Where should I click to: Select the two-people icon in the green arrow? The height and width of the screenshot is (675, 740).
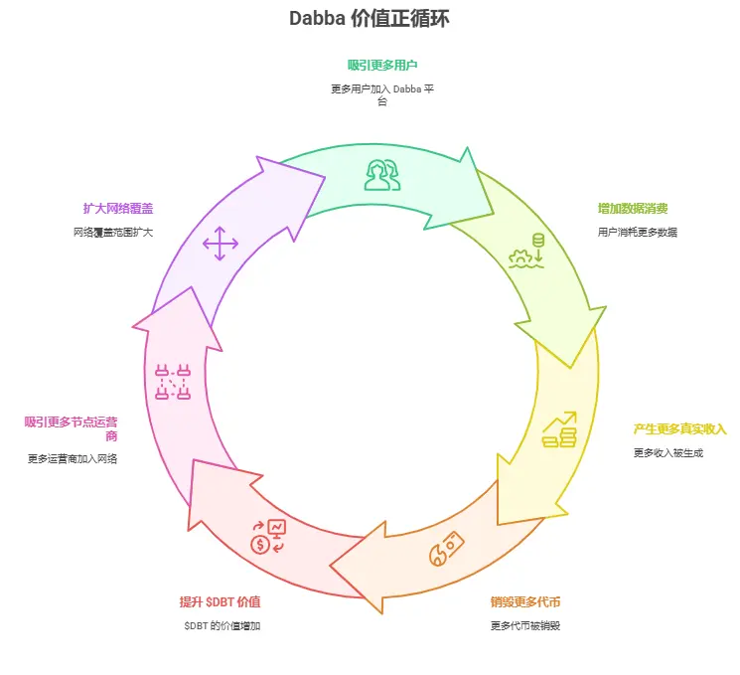click(x=382, y=174)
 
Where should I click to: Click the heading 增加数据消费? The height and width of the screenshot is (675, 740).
click(x=633, y=209)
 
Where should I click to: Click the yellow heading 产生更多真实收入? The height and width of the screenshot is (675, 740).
click(x=680, y=429)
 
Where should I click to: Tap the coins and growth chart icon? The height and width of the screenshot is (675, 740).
click(x=559, y=429)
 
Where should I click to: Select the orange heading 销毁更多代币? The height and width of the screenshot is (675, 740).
click(x=525, y=602)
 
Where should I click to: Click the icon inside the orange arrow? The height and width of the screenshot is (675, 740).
click(x=446, y=550)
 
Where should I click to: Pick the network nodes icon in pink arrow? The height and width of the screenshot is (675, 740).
click(x=173, y=382)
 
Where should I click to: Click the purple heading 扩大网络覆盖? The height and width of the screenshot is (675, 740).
click(x=118, y=209)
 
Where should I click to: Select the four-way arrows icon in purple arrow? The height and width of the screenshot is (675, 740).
click(x=221, y=244)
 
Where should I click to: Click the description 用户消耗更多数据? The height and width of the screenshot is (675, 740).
click(x=638, y=233)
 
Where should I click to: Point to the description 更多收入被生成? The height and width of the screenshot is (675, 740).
click(x=667, y=453)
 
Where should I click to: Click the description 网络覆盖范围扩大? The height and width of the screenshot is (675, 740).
click(x=113, y=233)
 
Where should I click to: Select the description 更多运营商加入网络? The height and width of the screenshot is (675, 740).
click(x=73, y=459)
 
